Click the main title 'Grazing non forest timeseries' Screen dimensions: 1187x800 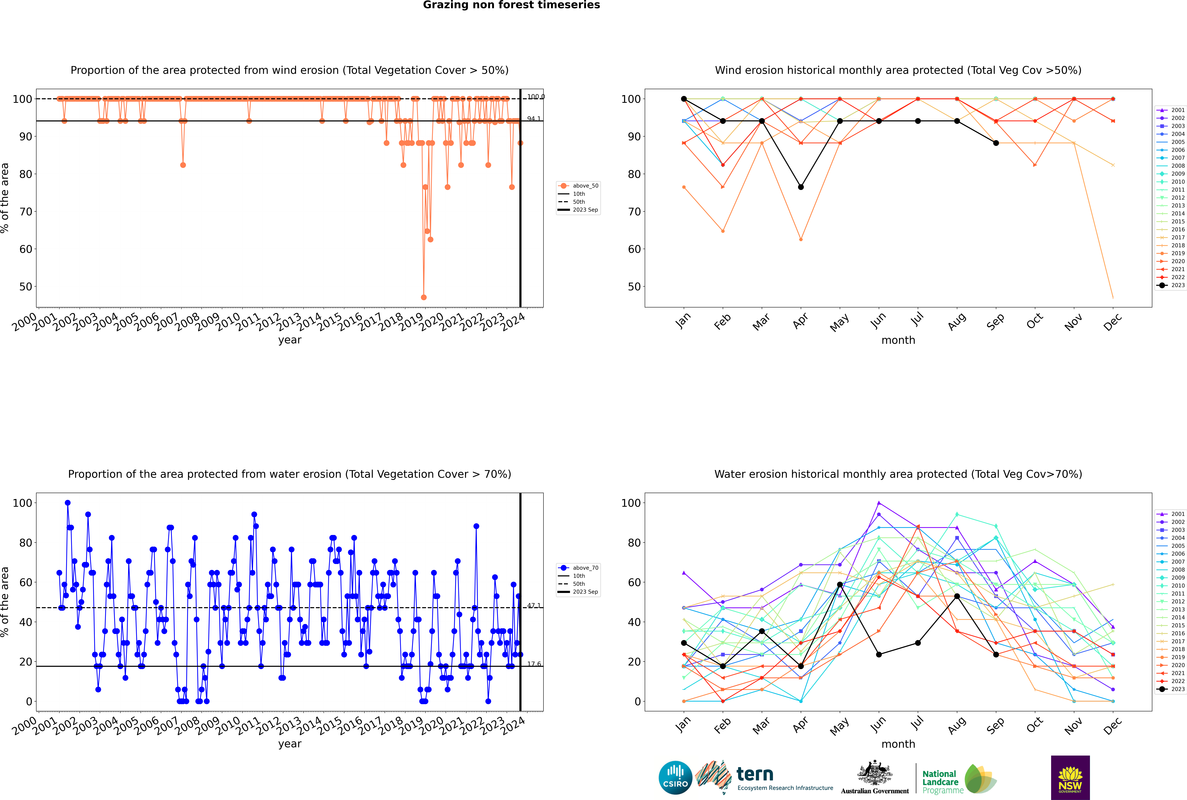(511, 5)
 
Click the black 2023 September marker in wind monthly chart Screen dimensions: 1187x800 (996, 143)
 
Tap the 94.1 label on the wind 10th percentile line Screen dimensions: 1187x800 (534, 119)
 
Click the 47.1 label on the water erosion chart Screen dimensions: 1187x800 (534, 606)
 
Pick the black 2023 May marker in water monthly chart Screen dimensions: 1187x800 (840, 585)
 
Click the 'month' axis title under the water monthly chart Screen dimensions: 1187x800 (898, 744)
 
